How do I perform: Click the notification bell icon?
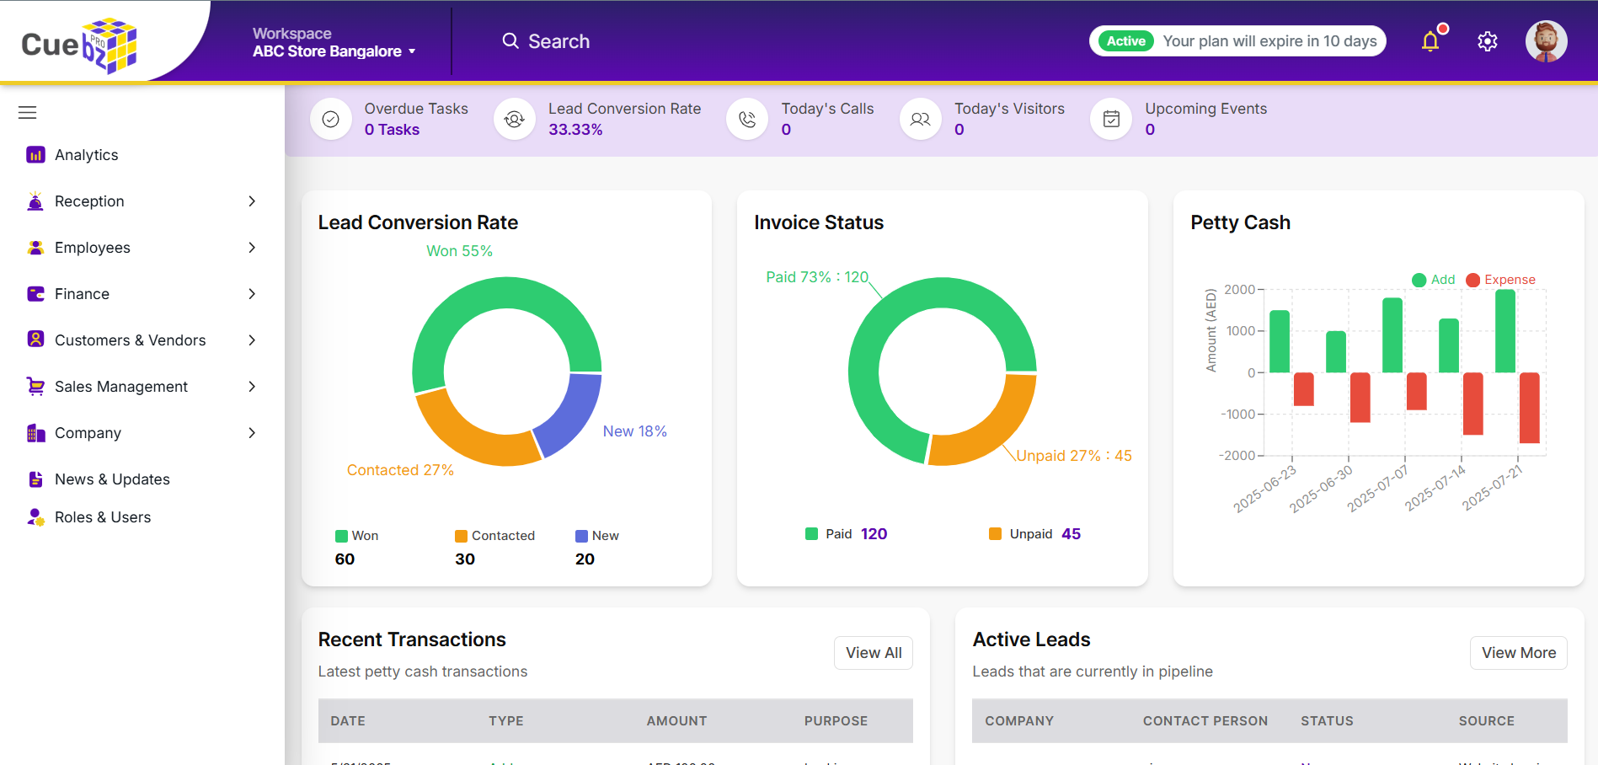click(x=1430, y=41)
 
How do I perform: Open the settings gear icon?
click(x=1487, y=41)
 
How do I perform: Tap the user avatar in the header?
click(x=1546, y=41)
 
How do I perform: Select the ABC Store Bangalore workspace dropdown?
click(x=334, y=51)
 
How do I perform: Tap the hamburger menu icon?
click(x=28, y=113)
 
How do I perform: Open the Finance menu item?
click(x=82, y=294)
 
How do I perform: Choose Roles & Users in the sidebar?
click(x=103, y=517)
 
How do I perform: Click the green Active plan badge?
click(x=1125, y=41)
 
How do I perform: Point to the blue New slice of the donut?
click(x=569, y=413)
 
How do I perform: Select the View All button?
click(x=873, y=653)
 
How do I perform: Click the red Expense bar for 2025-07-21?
click(x=1529, y=408)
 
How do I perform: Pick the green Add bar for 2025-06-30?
click(x=1336, y=352)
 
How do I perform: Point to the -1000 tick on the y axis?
click(x=1239, y=415)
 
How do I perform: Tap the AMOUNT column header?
click(x=676, y=721)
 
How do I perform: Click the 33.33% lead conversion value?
click(x=575, y=130)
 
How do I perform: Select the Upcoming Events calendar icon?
click(x=1111, y=120)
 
